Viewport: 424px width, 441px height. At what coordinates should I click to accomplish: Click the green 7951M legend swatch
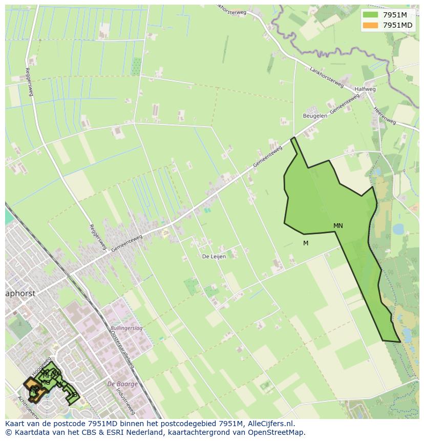tap(370, 15)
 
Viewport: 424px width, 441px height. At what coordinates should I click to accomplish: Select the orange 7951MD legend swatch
tap(370, 25)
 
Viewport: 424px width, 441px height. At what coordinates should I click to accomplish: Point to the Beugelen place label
tap(315, 116)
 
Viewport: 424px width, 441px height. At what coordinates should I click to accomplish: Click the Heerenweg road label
tap(385, 115)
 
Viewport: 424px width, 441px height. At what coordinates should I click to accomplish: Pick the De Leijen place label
tap(214, 257)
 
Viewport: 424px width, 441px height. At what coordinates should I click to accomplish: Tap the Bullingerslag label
tap(126, 328)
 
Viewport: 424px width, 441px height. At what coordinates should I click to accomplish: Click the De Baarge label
tap(122, 384)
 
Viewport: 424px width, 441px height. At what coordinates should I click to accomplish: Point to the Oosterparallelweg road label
tap(122, 348)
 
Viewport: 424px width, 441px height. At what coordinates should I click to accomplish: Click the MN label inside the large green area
tap(338, 226)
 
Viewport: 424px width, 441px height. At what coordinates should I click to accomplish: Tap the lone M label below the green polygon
tap(306, 243)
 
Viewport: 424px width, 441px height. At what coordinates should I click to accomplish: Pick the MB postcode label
tap(73, 395)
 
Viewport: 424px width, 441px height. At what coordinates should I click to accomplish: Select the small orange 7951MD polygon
tap(31, 384)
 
